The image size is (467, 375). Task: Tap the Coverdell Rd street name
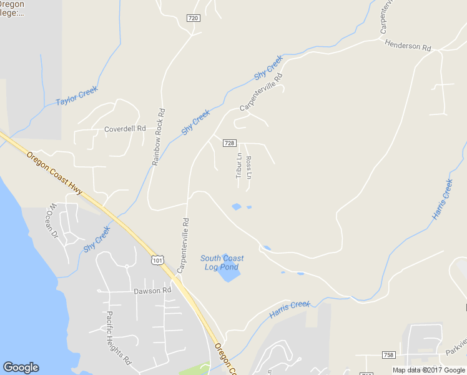pos(125,129)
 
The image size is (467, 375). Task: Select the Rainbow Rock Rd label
pos(158,137)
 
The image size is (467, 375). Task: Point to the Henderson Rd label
pos(408,46)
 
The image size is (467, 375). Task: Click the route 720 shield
pos(193,18)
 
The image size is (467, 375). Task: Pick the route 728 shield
pos(229,143)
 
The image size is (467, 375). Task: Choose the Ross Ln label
pos(248,167)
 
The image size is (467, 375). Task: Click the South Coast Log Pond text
pos(222,262)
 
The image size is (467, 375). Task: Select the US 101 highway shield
pos(157,259)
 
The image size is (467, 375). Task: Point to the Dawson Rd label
pos(152,291)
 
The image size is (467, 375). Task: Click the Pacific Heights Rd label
pos(118,338)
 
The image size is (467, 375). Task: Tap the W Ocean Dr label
pos(51,221)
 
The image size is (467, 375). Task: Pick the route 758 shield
pos(388,355)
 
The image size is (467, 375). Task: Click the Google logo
pos(21,367)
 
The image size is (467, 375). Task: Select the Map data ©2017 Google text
pos(428,370)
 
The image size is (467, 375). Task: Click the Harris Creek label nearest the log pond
pos(290,309)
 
